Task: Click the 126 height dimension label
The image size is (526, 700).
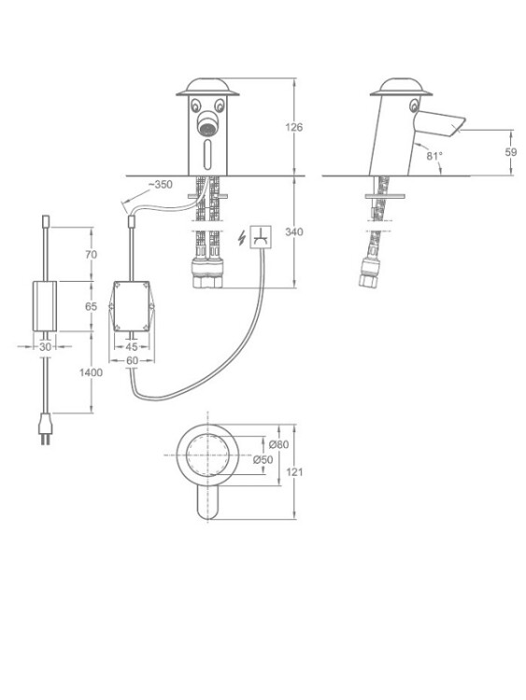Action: click(x=293, y=127)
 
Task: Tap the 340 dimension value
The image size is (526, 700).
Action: click(x=293, y=231)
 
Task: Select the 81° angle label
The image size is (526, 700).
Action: click(x=434, y=156)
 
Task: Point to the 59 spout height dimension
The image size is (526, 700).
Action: click(x=510, y=152)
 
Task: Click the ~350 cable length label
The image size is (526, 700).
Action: click(x=161, y=185)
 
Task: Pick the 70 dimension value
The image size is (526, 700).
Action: click(x=91, y=255)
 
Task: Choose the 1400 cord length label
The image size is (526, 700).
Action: click(x=91, y=372)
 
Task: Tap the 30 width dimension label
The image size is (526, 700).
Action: click(x=45, y=346)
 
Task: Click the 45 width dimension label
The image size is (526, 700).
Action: click(x=132, y=346)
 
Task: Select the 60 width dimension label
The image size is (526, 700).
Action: click(x=132, y=360)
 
